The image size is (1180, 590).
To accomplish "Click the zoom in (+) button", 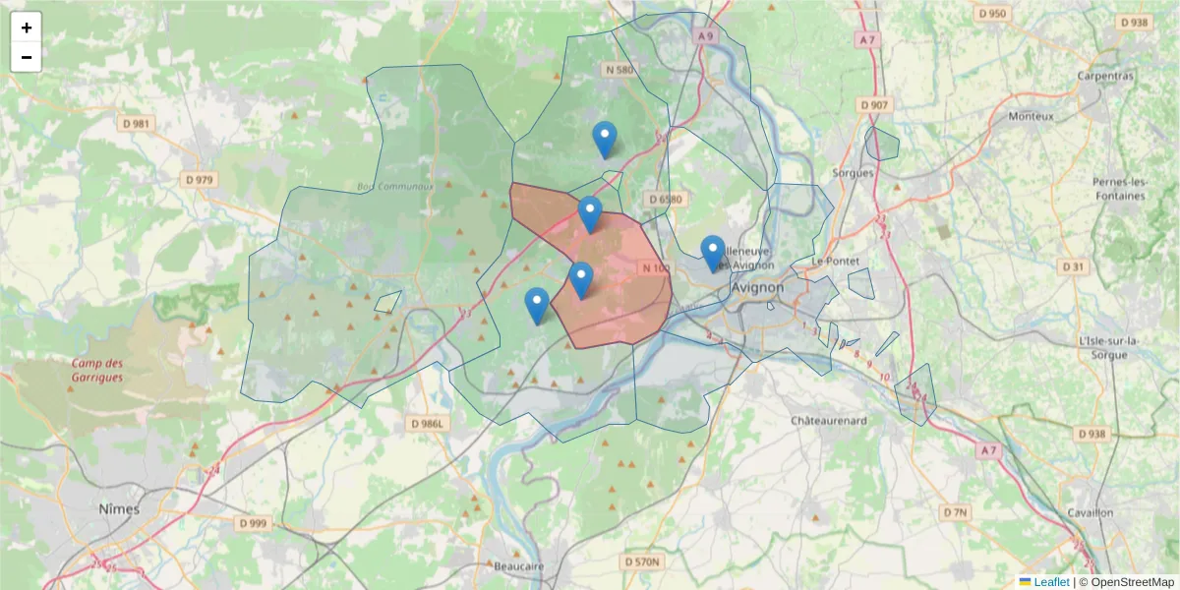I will [27, 28].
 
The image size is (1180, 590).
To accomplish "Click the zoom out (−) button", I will [27, 57].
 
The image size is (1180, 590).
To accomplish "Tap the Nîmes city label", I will [119, 509].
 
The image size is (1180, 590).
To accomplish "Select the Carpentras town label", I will [1105, 76].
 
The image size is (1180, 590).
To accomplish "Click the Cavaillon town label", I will [1089, 512].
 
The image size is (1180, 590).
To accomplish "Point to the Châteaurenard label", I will [829, 420].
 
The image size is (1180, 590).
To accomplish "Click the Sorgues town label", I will [852, 173].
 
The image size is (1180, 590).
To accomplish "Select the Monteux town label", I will [1031, 116].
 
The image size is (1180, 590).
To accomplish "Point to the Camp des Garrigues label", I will [96, 370].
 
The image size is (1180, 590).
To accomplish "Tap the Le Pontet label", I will [837, 261].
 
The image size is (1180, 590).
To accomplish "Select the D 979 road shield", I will [200, 180].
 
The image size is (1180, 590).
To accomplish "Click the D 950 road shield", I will [992, 14].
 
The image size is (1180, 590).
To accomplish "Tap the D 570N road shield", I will [643, 561].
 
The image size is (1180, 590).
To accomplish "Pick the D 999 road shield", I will [252, 523].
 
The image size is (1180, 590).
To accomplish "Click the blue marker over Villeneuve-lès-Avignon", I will [713, 253].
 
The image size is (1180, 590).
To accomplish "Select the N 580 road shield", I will [619, 69].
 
